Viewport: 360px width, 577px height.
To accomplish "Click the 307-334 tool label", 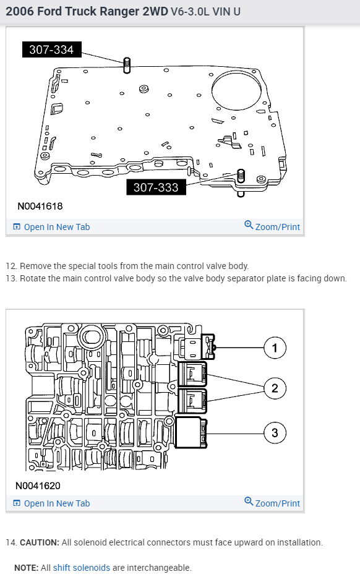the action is coord(51,49).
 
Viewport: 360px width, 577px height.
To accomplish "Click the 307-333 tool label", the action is coord(156,187).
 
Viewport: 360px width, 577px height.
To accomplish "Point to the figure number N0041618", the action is coord(40,206).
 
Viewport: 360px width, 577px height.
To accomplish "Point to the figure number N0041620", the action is coord(38,485).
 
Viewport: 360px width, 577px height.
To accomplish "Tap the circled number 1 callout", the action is coord(275,348).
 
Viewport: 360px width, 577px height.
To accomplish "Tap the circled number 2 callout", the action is coord(275,388).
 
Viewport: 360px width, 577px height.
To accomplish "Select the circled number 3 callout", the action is coord(275,433).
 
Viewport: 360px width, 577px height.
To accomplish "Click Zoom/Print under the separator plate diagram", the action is coord(272,226).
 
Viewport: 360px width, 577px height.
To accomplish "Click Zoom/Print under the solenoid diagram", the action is coord(272,503).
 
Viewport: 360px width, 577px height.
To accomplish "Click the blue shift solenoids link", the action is coord(82,568).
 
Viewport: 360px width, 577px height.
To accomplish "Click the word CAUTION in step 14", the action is coord(40,542).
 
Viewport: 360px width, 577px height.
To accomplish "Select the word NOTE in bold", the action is coord(26,568).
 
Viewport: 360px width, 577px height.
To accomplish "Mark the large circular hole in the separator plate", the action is coord(236,90).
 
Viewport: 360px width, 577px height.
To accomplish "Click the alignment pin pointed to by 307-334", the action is coord(127,66).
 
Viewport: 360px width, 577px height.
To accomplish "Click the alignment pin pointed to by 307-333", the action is coord(241,176).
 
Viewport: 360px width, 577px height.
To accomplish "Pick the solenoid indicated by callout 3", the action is coord(191,432).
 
